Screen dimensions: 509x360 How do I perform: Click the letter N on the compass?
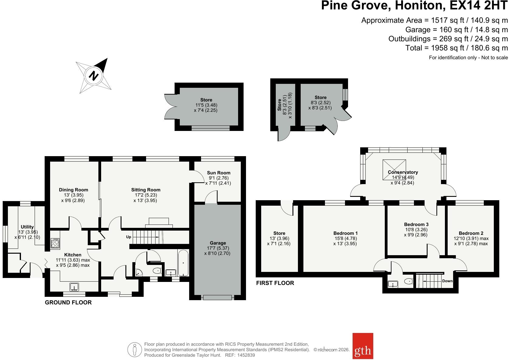[x=94, y=75]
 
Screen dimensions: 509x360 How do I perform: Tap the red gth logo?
[x=363, y=346]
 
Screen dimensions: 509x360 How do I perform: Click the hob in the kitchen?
[x=55, y=244]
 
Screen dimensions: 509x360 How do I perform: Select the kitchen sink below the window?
[x=74, y=287]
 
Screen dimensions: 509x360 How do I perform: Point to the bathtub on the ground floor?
[x=183, y=263]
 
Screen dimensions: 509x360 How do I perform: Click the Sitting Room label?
[x=146, y=190]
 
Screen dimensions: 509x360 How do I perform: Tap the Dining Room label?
[x=73, y=190]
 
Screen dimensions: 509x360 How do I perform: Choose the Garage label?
[x=218, y=243]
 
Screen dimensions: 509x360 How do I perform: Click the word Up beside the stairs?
[x=128, y=237]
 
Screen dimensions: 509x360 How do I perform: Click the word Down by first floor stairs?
[x=447, y=281]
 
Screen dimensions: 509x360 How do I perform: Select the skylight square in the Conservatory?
[x=394, y=170]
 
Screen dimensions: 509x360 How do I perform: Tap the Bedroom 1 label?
[x=345, y=233]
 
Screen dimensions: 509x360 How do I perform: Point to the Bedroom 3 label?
[x=416, y=224]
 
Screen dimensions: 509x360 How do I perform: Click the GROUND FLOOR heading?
[x=68, y=302]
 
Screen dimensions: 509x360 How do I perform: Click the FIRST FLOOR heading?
[x=275, y=283]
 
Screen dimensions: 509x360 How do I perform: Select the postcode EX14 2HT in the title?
[x=478, y=5]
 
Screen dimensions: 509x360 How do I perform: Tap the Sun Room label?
[x=219, y=173]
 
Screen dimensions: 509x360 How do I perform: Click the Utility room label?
[x=27, y=227]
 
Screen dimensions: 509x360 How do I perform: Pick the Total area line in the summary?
[x=456, y=48]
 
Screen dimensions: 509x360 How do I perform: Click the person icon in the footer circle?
[x=135, y=350]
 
